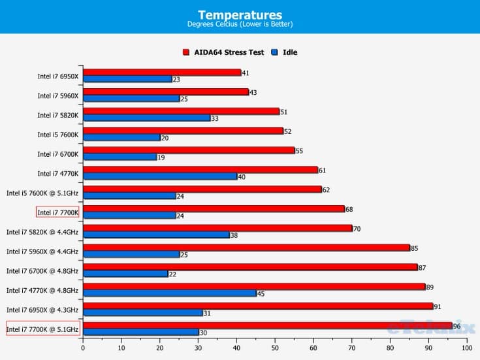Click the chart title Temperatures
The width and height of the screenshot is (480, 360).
coord(240,14)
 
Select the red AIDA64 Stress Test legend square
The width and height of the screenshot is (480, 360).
coord(186,52)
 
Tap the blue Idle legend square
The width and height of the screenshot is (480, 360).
coord(274,52)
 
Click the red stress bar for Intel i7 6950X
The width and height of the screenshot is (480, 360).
coord(161,73)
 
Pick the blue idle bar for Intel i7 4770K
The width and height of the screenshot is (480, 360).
coord(159,176)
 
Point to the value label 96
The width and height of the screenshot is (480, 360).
coord(457,325)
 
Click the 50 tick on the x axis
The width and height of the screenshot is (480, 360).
coord(274,348)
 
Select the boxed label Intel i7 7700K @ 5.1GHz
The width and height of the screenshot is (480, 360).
coord(42,329)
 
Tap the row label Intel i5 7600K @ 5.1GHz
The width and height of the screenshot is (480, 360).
coord(42,193)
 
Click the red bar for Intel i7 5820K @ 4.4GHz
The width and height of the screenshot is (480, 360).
coord(217,228)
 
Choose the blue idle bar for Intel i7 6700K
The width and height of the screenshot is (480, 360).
coord(120,157)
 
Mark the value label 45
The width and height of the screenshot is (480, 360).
coord(261,293)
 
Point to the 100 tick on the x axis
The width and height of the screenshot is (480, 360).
coord(466,348)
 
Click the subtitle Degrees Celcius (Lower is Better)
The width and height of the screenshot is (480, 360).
coord(240,25)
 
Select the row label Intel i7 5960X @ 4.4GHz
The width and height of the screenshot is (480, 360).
coord(42,251)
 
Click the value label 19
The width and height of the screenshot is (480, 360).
coord(161,157)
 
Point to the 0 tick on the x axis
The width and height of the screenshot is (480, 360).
coord(83,348)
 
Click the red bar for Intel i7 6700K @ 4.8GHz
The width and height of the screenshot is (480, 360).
coord(249,267)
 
